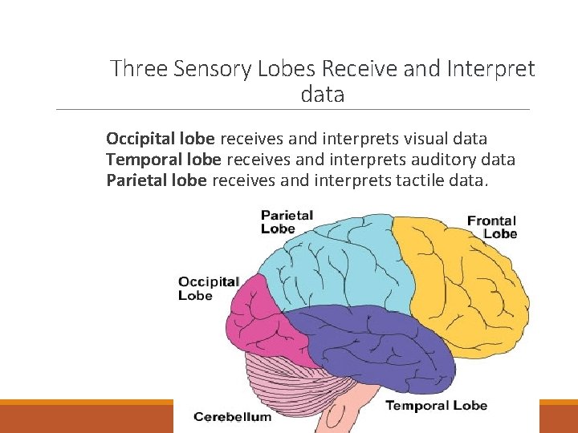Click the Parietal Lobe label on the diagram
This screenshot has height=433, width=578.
point(287,221)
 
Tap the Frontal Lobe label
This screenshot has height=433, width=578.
point(492,227)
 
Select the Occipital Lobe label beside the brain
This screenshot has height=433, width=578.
point(208,289)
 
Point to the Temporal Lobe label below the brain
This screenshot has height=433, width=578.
point(436,405)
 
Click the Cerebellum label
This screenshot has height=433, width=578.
point(232,417)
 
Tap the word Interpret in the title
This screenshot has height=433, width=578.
point(490,69)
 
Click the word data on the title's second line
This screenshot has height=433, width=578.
point(323,95)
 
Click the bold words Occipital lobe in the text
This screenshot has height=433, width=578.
point(161,139)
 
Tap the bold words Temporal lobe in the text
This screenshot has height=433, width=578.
point(163,160)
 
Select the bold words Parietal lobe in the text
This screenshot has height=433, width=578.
point(157,180)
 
